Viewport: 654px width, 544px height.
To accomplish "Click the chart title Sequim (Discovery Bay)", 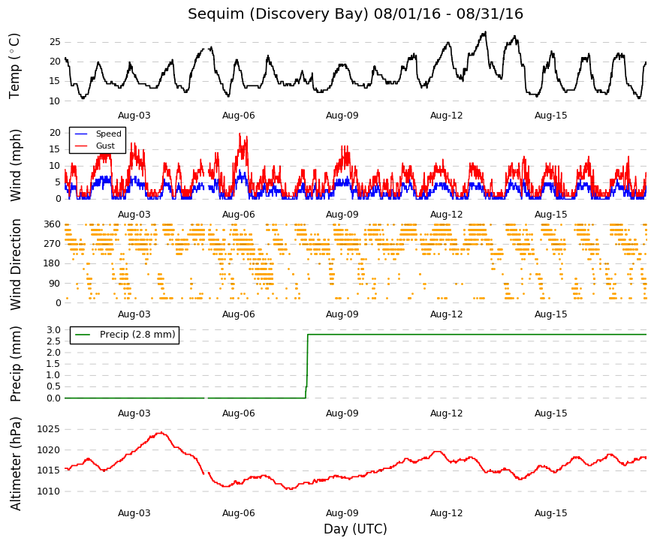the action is click(279, 14).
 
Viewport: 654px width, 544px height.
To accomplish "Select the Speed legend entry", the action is click(108, 134).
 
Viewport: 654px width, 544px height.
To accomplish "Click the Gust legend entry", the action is click(105, 146).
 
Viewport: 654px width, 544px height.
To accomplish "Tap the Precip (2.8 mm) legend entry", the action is click(137, 335).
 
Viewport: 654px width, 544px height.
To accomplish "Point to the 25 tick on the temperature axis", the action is click(55, 42).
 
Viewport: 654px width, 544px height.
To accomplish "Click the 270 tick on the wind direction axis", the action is click(52, 244).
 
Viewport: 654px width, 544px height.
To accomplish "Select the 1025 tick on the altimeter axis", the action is click(48, 429).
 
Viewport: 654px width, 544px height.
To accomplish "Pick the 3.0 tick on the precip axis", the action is click(54, 330).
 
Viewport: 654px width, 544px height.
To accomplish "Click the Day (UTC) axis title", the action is click(355, 529).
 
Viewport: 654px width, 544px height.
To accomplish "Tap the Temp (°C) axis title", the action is click(14, 66).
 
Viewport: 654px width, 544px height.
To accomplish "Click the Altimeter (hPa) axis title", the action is click(16, 464).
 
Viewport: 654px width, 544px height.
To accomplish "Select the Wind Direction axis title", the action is click(16, 265).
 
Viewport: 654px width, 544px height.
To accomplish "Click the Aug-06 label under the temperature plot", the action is click(238, 116).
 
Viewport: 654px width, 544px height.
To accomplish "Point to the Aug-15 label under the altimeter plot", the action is click(551, 513).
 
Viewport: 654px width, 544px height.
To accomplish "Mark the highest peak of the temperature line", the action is click(485, 32).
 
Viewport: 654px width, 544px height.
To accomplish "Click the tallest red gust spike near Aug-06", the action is click(240, 134).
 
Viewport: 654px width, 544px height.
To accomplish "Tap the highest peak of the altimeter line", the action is click(161, 433).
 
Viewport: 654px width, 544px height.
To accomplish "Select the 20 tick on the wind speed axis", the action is click(55, 133).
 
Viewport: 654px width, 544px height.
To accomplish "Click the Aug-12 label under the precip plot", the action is click(447, 413).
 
